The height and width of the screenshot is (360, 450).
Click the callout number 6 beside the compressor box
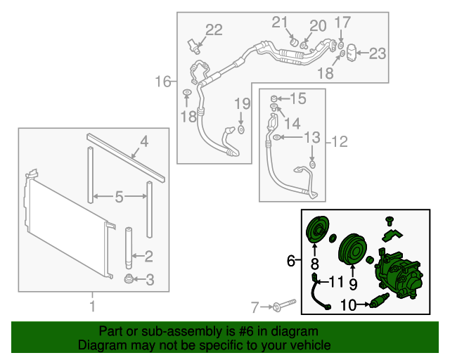[x=290, y=262]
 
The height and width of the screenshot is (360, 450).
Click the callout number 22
[x=214, y=30]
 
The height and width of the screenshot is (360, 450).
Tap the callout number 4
[x=143, y=142]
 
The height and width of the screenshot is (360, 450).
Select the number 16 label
[x=163, y=82]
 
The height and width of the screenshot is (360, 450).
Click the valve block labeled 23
[x=354, y=53]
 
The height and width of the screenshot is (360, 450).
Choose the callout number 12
[x=339, y=142]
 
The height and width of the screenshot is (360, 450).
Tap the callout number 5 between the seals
[x=119, y=198]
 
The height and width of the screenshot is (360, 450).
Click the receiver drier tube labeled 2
[x=130, y=245]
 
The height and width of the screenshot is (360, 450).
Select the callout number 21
[x=281, y=21]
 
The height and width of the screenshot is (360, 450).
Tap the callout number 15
[x=298, y=98]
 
